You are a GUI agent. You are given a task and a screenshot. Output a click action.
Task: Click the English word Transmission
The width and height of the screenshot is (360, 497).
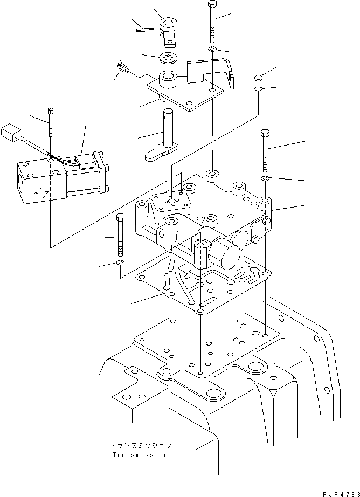(140, 455)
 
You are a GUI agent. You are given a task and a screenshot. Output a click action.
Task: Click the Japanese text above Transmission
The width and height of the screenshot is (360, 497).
(141, 445)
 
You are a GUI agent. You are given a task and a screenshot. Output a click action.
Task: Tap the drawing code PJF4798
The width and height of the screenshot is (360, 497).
(341, 494)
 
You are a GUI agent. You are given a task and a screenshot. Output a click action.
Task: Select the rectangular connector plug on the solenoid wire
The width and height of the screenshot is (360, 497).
(11, 133)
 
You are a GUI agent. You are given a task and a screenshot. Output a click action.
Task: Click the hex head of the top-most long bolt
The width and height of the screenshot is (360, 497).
(212, 4)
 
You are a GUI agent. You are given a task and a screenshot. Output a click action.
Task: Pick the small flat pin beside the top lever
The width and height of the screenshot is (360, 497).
(145, 30)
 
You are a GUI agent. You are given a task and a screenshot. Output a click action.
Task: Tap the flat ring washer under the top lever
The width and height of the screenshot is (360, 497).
(169, 58)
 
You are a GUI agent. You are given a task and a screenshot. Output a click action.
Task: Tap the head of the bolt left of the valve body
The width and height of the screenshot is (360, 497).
(120, 217)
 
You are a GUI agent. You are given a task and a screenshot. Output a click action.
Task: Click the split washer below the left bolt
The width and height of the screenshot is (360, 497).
(120, 262)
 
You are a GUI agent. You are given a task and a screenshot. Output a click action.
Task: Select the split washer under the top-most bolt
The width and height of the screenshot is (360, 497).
(212, 49)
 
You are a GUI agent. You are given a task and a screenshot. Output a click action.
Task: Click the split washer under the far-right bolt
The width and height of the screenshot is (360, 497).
(265, 179)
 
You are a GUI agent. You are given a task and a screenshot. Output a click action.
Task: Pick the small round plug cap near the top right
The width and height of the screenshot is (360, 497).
(259, 77)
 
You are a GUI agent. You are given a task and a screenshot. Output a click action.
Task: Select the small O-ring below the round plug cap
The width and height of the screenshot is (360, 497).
(258, 88)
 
